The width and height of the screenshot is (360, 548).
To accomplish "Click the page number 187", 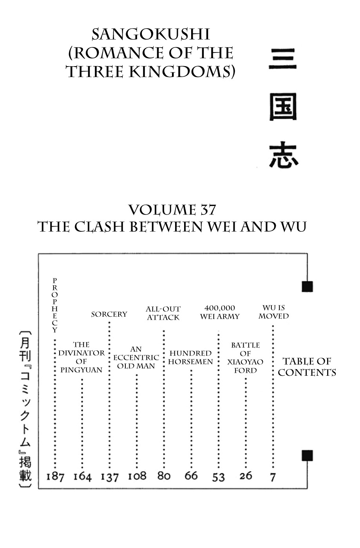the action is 55,477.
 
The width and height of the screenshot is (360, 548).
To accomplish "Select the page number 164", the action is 83,477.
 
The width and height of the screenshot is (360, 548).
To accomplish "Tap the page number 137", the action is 110,477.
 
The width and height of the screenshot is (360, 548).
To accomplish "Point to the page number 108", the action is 137,476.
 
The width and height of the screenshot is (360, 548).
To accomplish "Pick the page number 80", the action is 164,476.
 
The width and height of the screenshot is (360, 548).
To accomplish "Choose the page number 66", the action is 191,476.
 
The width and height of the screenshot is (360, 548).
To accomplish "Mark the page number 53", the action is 218,477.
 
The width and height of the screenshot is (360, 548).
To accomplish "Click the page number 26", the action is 246,476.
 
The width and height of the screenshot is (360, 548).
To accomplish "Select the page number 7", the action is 273,477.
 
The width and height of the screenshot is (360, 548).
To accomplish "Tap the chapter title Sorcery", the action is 109,314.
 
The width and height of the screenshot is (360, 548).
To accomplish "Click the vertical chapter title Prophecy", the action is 54,305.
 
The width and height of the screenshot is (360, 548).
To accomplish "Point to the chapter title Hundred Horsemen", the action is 190,357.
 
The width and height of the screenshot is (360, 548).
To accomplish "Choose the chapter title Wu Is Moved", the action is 274,312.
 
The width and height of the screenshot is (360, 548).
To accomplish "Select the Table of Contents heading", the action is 307,367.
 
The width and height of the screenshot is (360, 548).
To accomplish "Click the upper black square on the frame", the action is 308,287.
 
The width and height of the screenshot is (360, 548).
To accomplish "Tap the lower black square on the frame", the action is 308,456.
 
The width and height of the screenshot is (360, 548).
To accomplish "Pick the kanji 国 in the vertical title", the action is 283,107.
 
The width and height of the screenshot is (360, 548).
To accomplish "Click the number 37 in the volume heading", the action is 209,210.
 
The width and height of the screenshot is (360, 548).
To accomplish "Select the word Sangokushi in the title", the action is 151,34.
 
